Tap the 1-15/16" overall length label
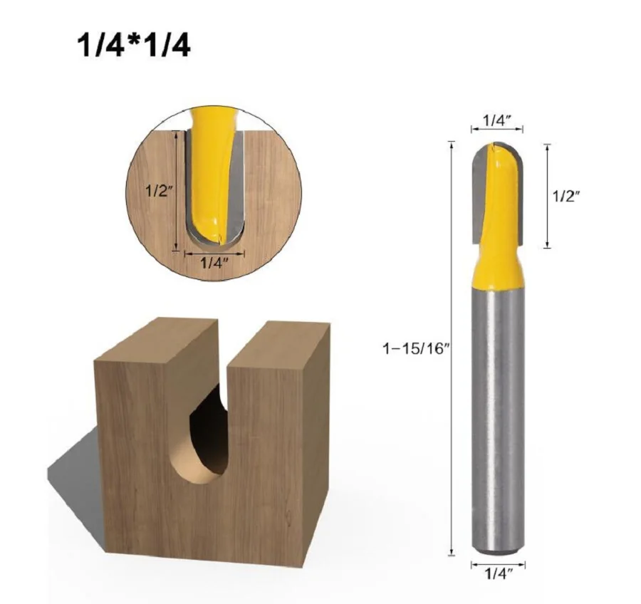(x=416, y=348)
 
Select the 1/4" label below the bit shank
(x=499, y=574)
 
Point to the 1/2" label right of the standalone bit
(x=567, y=197)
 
